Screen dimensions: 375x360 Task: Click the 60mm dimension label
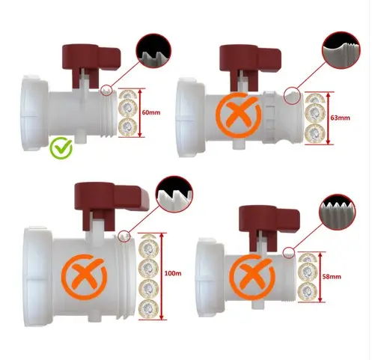coord(151,112)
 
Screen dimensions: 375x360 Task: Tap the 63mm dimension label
coord(341,118)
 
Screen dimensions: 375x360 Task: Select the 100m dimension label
coord(173,273)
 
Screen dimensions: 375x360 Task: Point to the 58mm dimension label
coord(332,276)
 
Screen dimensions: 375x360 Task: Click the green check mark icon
coord(61,148)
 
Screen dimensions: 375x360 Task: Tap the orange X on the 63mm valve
coord(239,115)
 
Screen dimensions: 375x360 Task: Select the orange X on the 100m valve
coord(84,277)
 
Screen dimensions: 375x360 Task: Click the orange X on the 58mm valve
coord(252,277)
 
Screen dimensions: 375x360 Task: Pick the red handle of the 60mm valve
coord(91,64)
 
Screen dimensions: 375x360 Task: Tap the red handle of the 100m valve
coord(110,204)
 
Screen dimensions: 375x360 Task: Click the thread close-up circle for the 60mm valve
coord(153,51)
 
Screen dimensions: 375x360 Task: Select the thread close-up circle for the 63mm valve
coord(341,50)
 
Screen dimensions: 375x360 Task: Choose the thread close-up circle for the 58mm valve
coord(338,212)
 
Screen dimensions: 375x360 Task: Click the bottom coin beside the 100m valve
coord(149,309)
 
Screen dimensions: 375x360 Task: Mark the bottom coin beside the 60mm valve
coord(128,127)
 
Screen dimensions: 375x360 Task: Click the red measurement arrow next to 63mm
coord(328,118)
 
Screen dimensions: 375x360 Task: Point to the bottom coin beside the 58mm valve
coord(308,291)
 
